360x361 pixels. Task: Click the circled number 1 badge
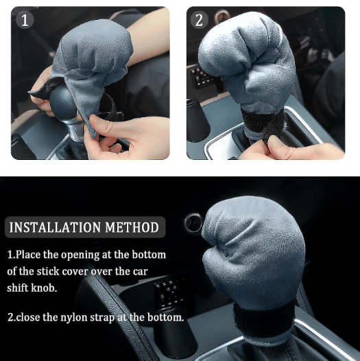click(25, 20)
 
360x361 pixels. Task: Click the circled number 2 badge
click(200, 20)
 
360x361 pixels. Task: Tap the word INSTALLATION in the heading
click(55, 227)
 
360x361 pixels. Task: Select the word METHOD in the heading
click(132, 227)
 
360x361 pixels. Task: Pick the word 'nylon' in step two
click(74, 318)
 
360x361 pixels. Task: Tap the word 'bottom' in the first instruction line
click(149, 255)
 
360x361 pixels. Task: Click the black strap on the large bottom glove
click(263, 319)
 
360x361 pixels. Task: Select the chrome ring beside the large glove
click(193, 222)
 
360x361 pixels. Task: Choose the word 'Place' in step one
click(28, 255)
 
